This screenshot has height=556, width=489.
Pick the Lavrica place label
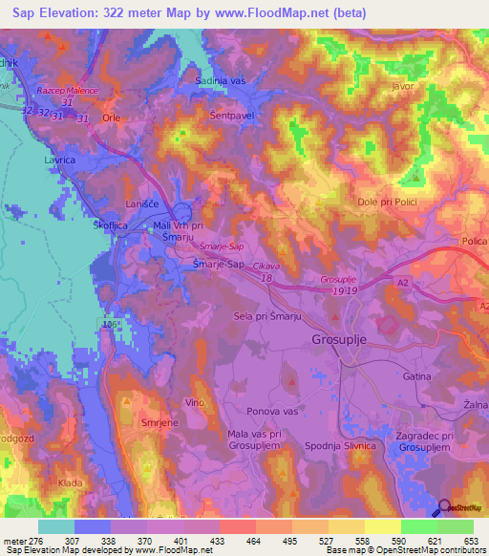59,161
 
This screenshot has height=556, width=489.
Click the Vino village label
195,403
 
